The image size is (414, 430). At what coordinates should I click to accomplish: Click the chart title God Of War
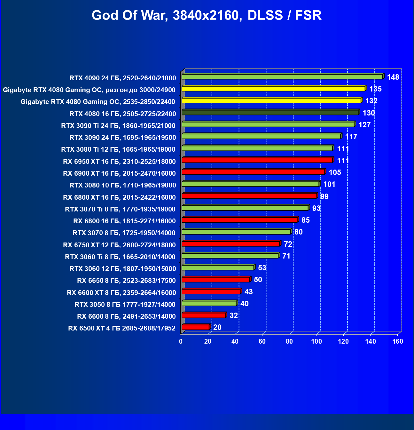(x=207, y=15)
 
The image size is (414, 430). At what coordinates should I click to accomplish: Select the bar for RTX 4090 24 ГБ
(x=282, y=77)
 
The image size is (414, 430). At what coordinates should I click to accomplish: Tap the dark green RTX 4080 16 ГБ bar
(x=270, y=112)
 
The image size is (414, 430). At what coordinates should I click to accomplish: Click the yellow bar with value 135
(x=273, y=89)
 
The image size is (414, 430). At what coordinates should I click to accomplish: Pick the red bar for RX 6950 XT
(x=257, y=160)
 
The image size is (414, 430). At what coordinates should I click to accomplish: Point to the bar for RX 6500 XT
(x=195, y=327)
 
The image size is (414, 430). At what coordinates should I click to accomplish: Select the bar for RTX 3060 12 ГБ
(x=218, y=267)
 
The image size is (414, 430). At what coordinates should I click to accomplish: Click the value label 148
(x=393, y=77)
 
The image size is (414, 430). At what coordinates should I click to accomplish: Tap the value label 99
(x=324, y=196)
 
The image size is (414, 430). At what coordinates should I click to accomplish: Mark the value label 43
(x=248, y=292)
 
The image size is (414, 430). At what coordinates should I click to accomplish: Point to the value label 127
(x=364, y=125)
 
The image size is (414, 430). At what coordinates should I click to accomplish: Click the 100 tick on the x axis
(x=316, y=341)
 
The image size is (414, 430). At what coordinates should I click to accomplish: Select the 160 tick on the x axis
(x=398, y=341)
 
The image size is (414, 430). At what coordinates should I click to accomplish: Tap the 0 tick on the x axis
(x=181, y=341)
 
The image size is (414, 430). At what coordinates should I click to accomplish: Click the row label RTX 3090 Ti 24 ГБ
(x=118, y=126)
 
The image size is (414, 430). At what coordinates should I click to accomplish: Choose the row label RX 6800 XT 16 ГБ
(x=119, y=197)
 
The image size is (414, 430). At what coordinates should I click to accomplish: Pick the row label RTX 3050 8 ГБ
(x=125, y=305)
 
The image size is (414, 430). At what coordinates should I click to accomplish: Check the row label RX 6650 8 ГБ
(x=126, y=281)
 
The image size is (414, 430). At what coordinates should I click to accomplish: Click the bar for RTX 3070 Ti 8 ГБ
(x=245, y=208)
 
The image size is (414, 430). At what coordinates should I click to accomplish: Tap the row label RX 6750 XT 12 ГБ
(x=119, y=245)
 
